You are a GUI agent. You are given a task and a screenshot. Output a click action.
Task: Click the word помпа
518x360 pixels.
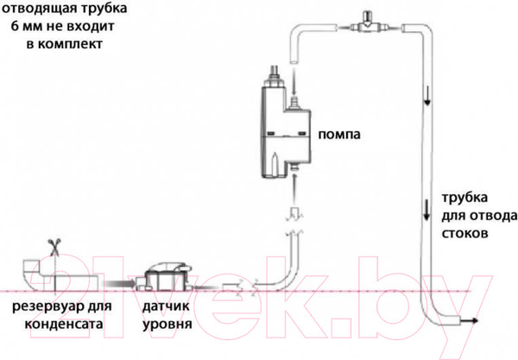coord(339,136)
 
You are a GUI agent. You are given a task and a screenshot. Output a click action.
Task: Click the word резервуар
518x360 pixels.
coord(44,307)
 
